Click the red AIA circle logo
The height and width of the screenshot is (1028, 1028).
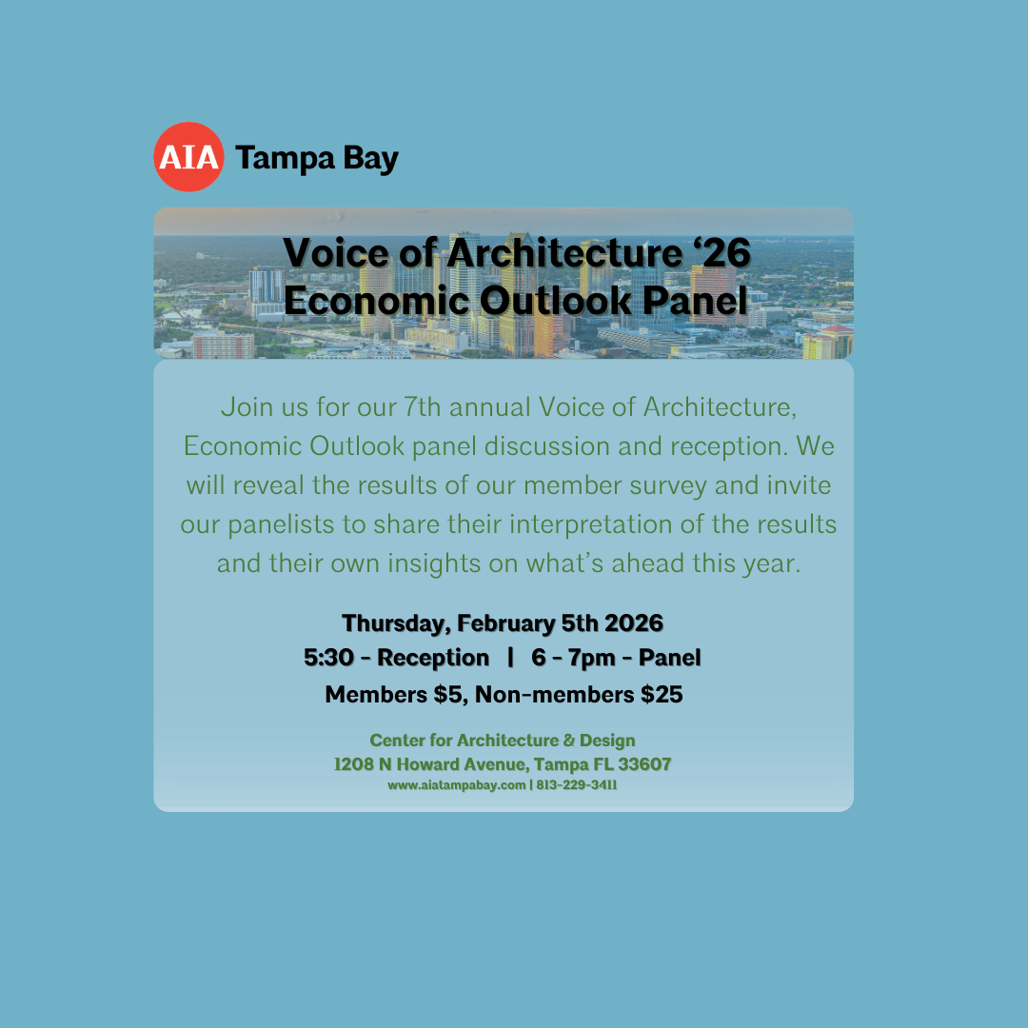[188, 157]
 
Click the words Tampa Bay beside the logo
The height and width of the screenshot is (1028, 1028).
[316, 158]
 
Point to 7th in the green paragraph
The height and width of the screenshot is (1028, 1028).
[423, 407]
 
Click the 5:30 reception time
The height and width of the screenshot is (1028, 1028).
[328, 658]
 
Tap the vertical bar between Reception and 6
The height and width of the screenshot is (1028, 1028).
[511, 658]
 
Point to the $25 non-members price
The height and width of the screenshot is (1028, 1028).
[661, 695]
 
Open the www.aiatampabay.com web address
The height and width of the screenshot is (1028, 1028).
[456, 785]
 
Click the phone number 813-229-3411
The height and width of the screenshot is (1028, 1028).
[577, 785]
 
